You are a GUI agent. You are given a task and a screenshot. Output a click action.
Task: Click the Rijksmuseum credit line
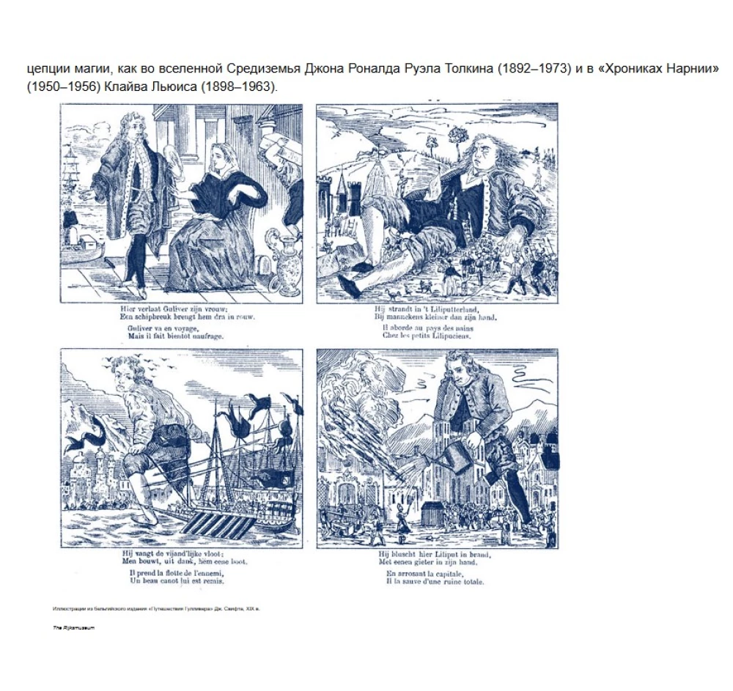pos(74,628)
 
